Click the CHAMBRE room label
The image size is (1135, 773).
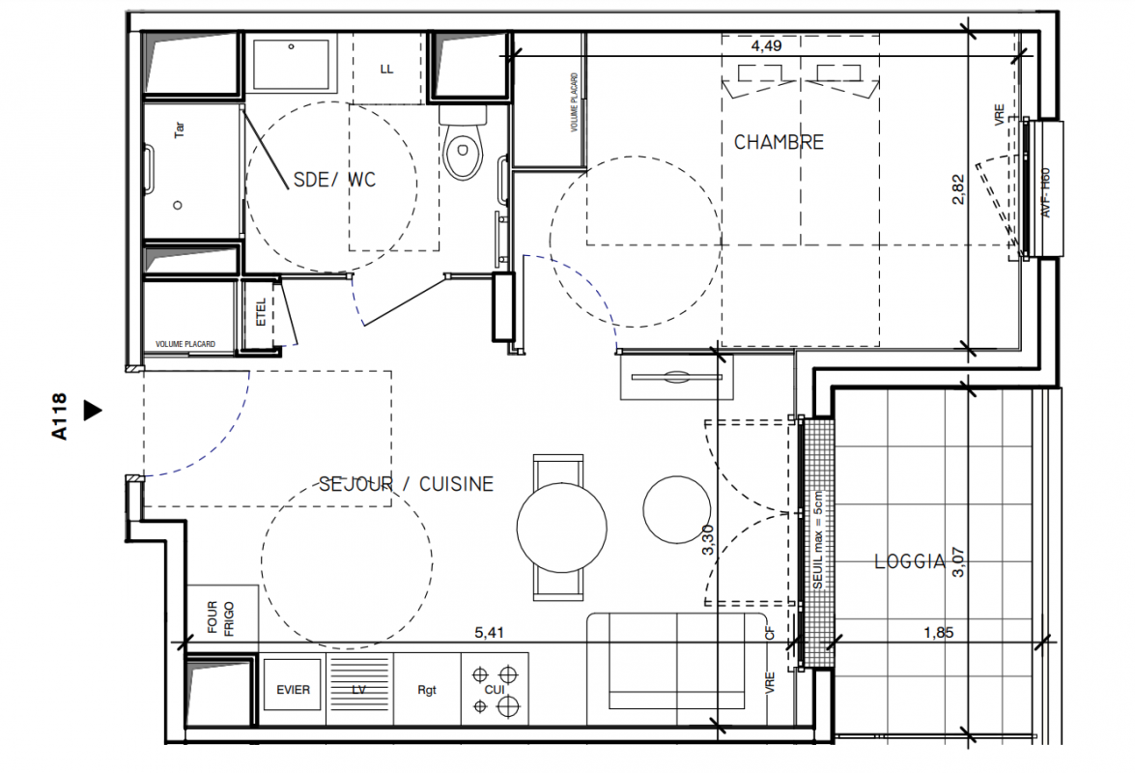[779, 142]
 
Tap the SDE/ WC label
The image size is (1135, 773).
[334, 180]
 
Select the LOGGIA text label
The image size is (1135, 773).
[909, 561]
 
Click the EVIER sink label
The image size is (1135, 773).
[293, 690]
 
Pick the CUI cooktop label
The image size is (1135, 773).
[495, 690]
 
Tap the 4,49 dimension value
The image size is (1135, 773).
[767, 45]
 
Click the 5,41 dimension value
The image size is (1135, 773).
[490, 633]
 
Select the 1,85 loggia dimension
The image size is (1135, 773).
[938, 633]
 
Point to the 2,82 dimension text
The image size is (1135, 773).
[957, 189]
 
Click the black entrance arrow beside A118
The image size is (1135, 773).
[93, 411]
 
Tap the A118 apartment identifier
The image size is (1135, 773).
[59, 416]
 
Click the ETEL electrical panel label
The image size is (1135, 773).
[262, 313]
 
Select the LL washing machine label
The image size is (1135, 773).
[386, 70]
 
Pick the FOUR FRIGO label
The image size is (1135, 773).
[221, 617]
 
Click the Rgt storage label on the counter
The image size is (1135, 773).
[427, 690]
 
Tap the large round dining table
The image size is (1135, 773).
[562, 527]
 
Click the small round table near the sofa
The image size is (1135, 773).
[677, 509]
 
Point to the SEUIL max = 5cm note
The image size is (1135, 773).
[818, 541]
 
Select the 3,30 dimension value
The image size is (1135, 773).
[708, 540]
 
